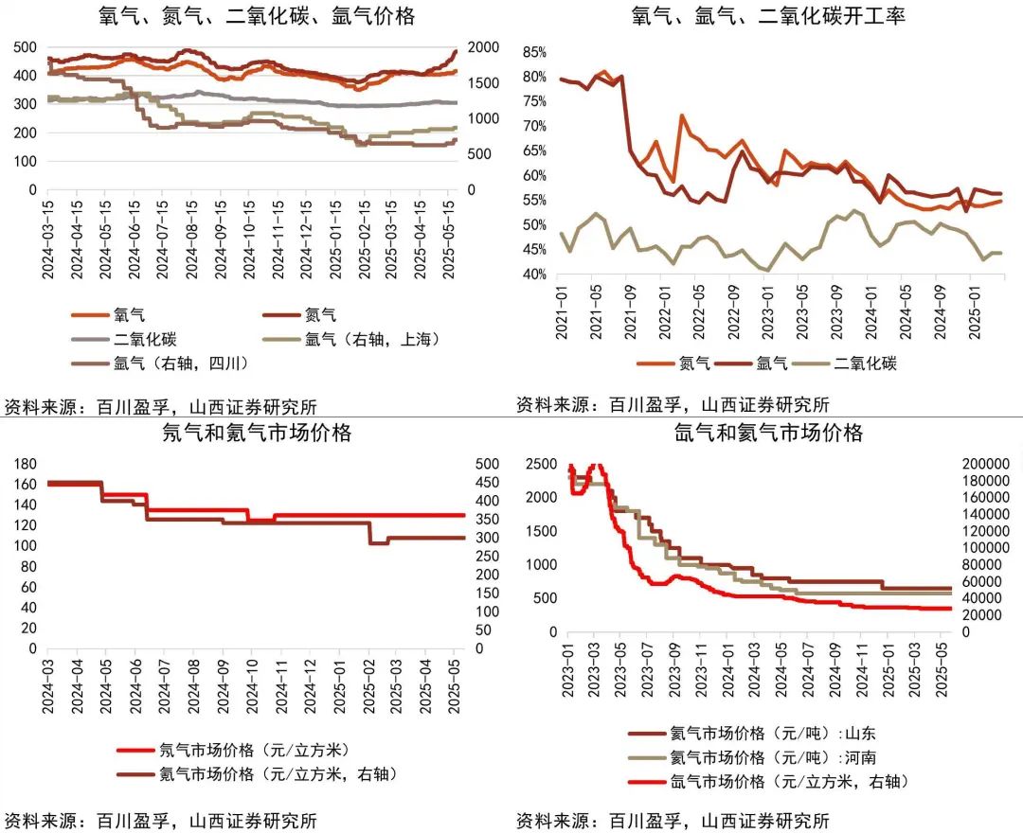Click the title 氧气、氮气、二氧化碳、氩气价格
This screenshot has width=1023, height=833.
257,15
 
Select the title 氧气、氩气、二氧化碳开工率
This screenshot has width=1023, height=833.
767,15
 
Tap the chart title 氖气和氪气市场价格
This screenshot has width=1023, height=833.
257,434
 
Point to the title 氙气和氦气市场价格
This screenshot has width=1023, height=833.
768,434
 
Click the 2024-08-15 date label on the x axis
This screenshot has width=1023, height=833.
192,238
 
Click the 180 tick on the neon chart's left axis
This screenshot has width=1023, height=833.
25,464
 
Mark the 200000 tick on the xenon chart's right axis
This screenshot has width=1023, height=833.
989,464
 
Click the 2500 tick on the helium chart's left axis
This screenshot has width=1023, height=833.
541,464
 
